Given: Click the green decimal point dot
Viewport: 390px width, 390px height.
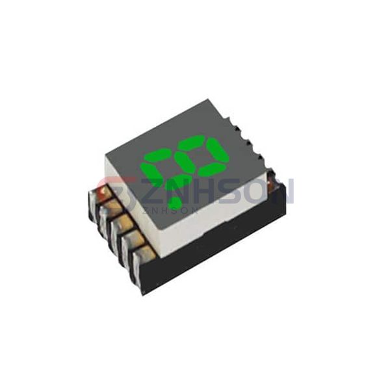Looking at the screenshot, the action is coord(175,202).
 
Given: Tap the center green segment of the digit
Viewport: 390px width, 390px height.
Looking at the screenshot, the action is coord(185,162).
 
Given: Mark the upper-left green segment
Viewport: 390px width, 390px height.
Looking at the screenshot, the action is coord(158,154).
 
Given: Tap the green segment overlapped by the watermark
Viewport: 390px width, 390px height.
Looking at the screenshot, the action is coord(176,184).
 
